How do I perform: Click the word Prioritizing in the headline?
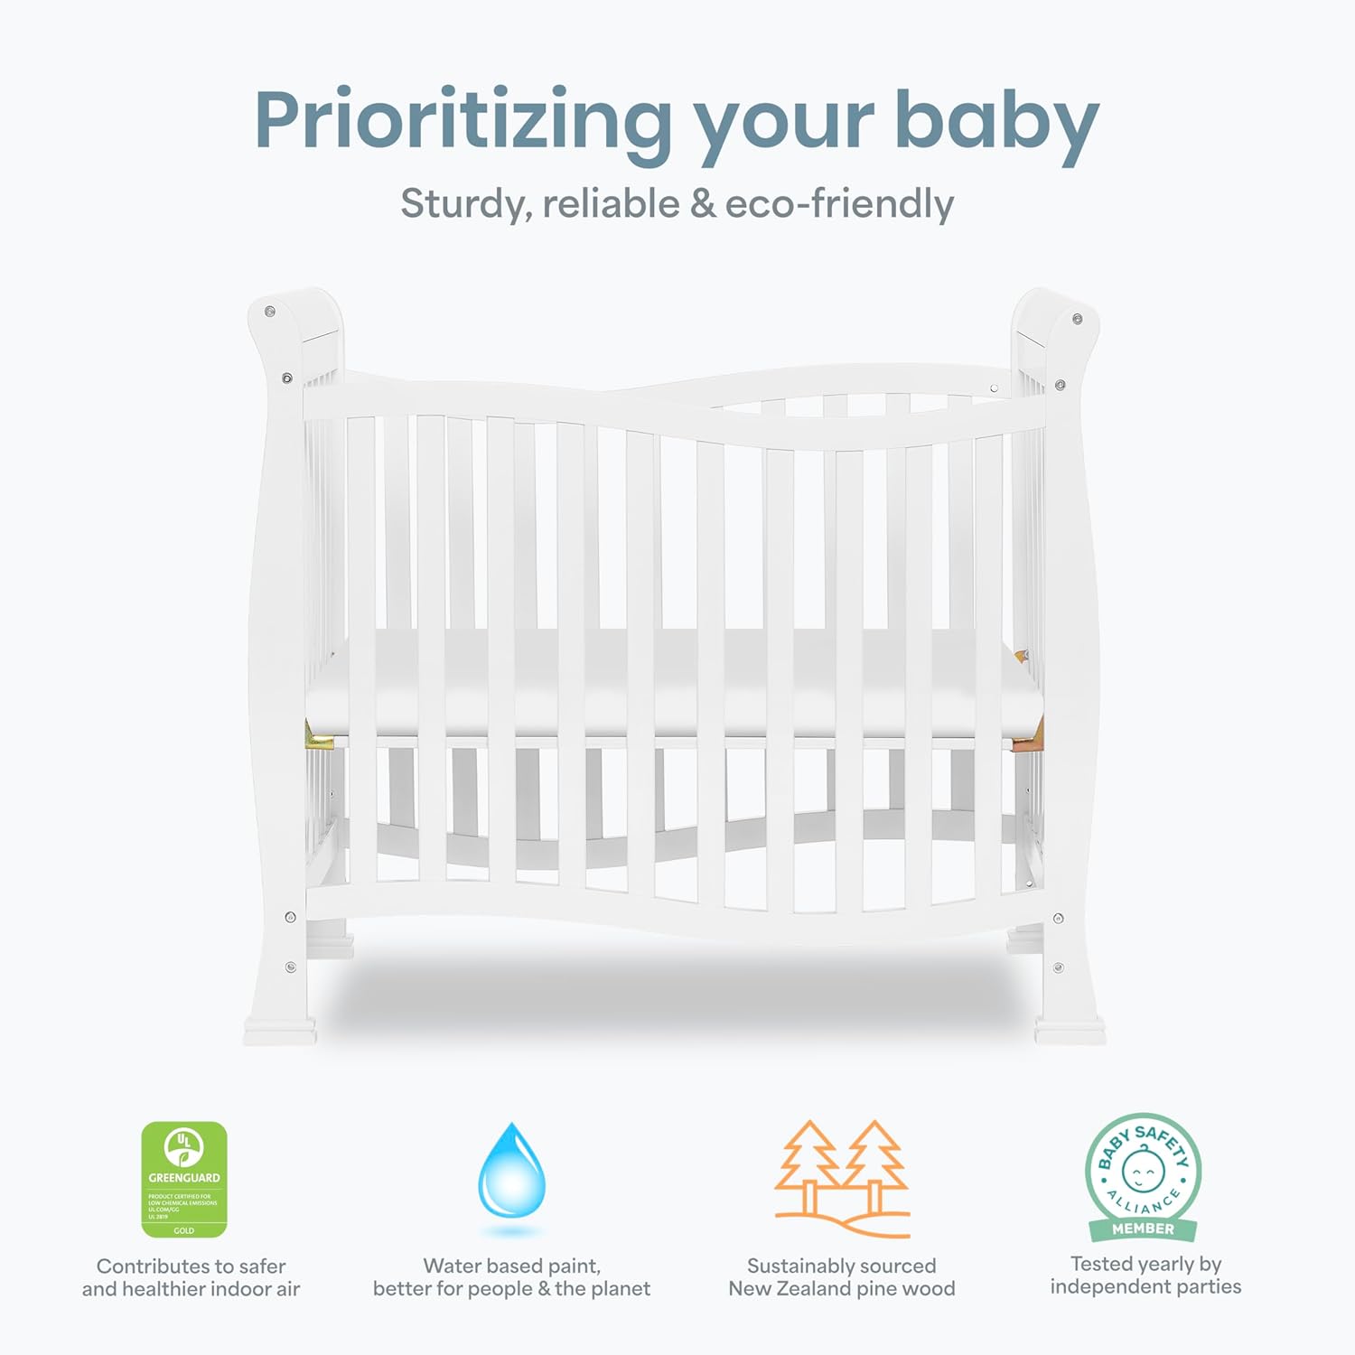pyautogui.click(x=463, y=122)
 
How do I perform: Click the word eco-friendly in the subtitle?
pyautogui.click(x=838, y=204)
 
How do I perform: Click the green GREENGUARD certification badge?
pyautogui.click(x=184, y=1179)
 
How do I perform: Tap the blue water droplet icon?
pyautogui.click(x=511, y=1172)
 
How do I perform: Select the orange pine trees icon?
pyautogui.click(x=842, y=1178)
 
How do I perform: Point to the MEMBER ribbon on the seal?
pyautogui.click(x=1143, y=1229)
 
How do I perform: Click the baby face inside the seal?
pyautogui.click(x=1143, y=1170)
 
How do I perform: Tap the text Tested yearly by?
pyautogui.click(x=1145, y=1264)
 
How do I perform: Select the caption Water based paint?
pyautogui.click(x=511, y=1266)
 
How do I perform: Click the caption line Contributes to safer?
pyautogui.click(x=191, y=1266)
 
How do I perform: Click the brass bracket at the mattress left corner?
pyautogui.click(x=319, y=737)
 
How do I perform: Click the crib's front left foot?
pyautogui.click(x=280, y=1030)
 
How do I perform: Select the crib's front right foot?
pyautogui.click(x=1070, y=1030)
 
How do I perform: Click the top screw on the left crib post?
pyautogui.click(x=269, y=312)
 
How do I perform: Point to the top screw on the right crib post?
pyautogui.click(x=1077, y=319)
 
